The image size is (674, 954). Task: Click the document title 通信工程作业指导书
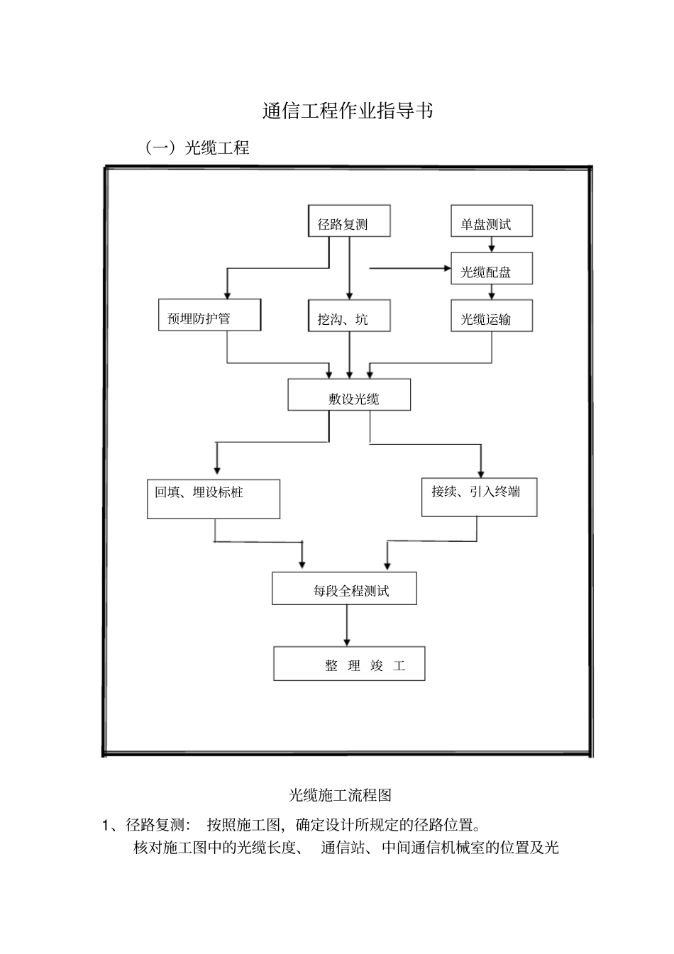point(347,112)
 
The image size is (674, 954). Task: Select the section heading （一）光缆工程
point(197,148)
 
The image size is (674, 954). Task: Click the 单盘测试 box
point(492,221)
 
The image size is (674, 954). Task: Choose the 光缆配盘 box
point(492,269)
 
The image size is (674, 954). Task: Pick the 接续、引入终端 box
point(479,497)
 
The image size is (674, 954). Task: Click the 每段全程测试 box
point(344,589)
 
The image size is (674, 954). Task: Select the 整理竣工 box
point(349,664)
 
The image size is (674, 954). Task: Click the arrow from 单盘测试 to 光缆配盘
point(492,245)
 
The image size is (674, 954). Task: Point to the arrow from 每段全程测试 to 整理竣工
point(347,625)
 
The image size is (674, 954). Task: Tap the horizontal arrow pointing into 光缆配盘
point(411,269)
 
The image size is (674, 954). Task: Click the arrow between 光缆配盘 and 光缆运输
point(492,292)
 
